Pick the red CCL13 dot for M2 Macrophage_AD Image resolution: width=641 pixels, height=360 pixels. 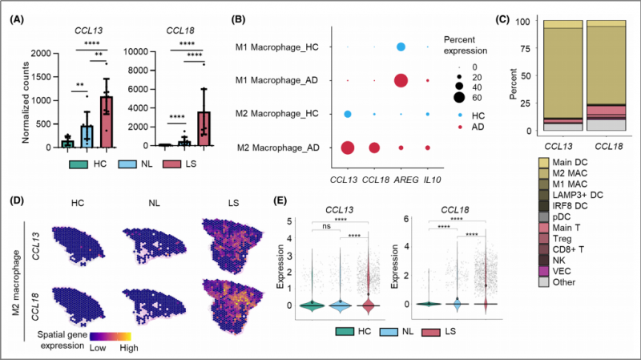pos(348,148)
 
